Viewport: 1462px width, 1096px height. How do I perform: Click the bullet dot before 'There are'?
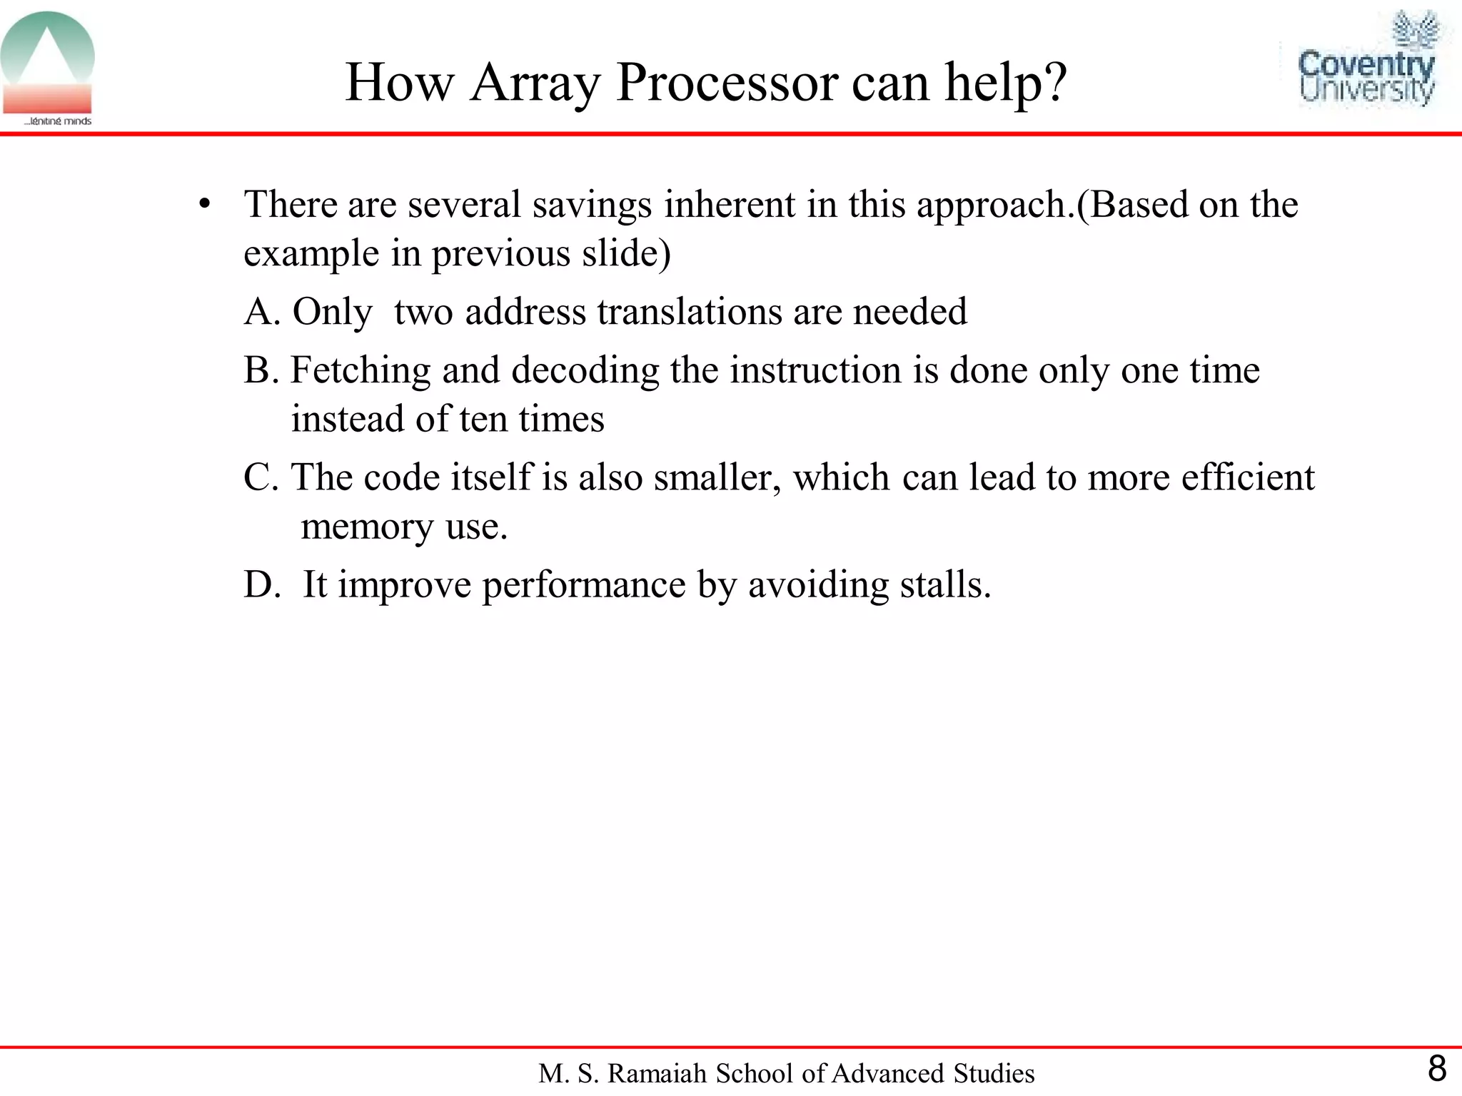[206, 205]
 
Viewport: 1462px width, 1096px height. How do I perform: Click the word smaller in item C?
[716, 477]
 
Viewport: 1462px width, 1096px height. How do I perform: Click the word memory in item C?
[367, 527]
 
